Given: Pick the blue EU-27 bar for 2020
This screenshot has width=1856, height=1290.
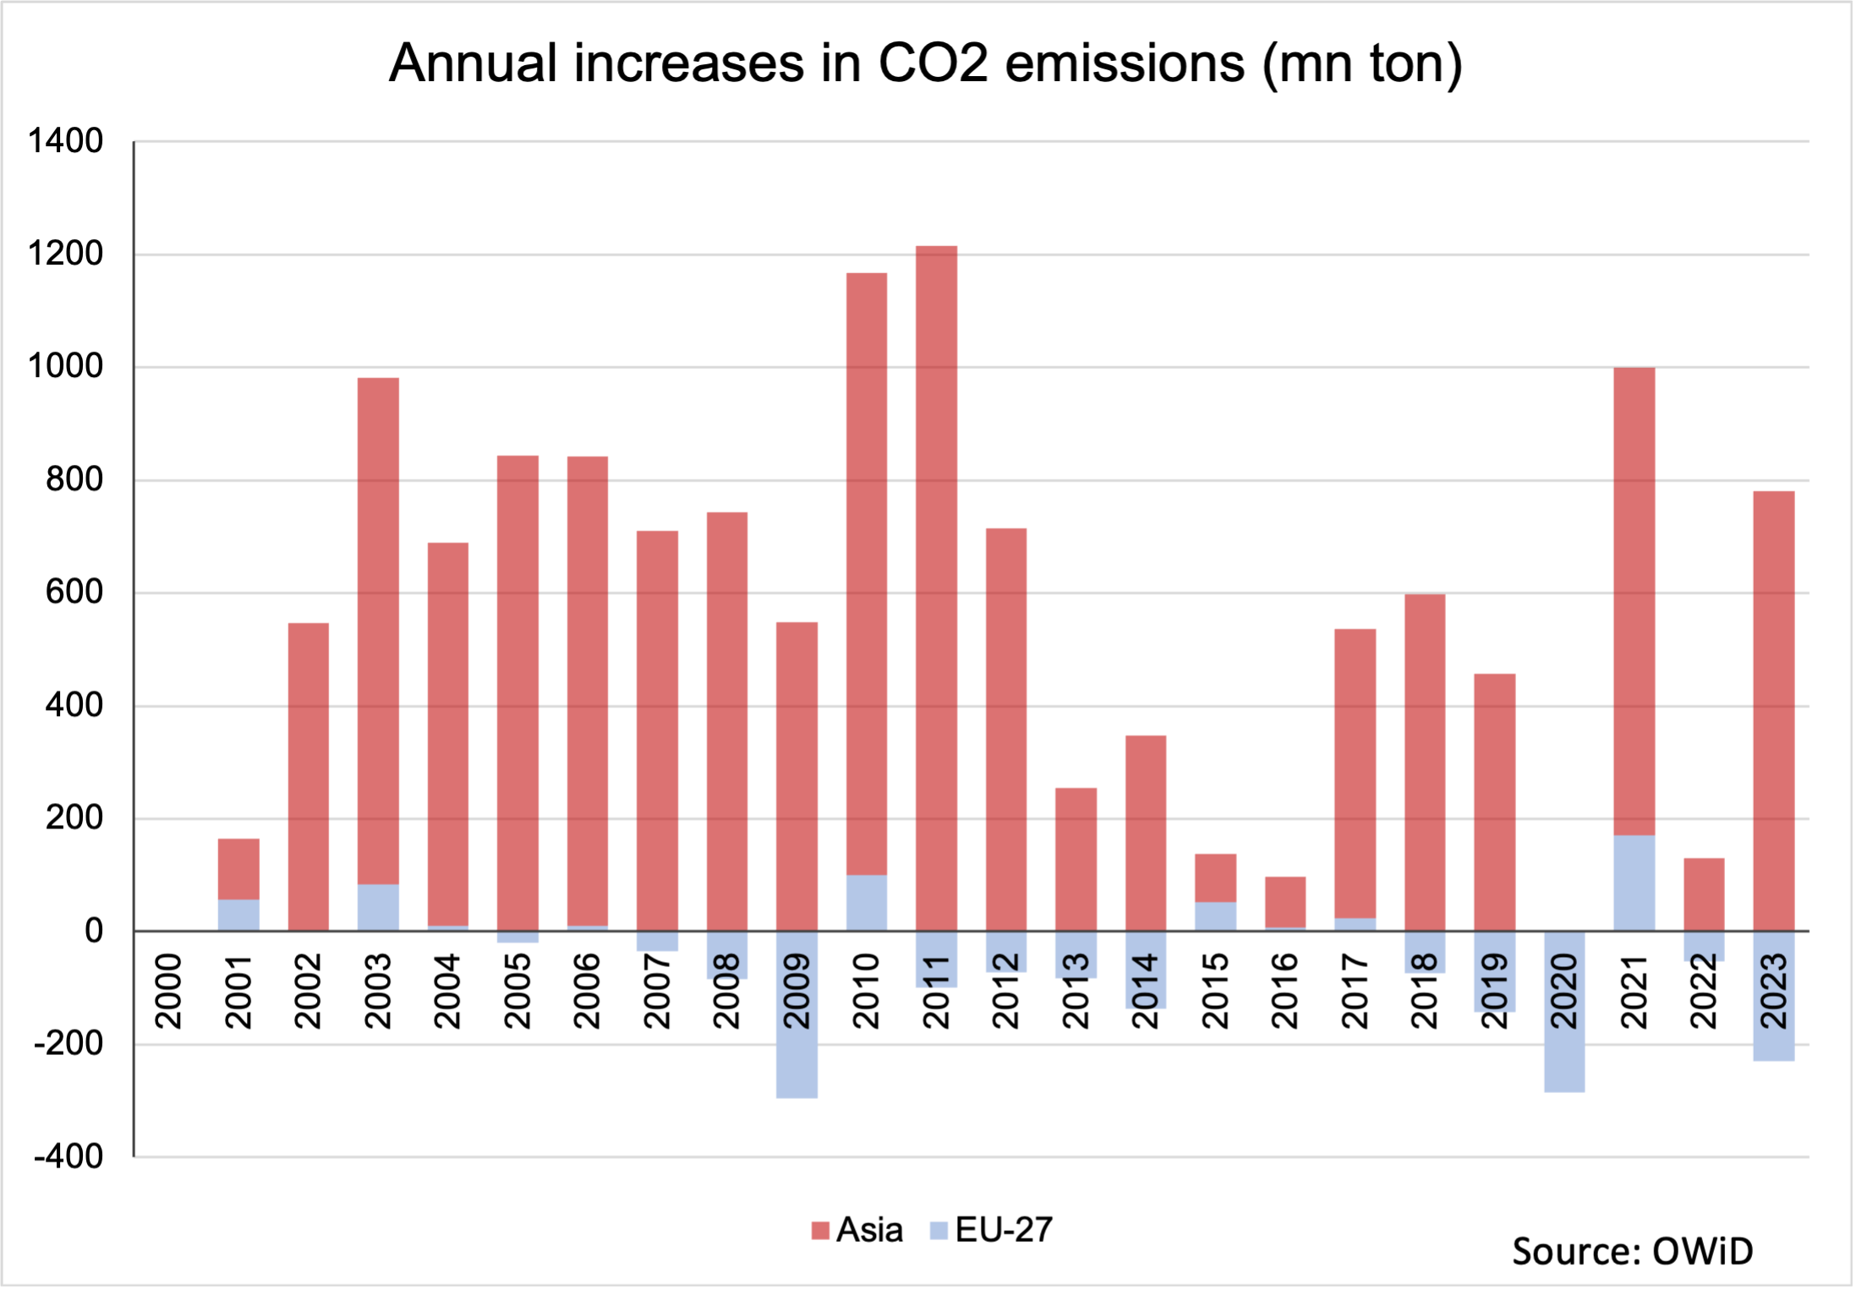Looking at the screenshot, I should [1564, 1057].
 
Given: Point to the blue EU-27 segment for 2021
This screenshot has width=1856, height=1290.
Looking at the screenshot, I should [1634, 883].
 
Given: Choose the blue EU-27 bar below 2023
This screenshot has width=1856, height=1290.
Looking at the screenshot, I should [1773, 1044].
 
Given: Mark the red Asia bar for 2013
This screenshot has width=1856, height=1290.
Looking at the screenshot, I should [1076, 859].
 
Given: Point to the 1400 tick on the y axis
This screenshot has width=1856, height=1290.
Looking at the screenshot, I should [65, 140].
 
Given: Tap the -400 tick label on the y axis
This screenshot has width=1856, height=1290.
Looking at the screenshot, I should [68, 1156].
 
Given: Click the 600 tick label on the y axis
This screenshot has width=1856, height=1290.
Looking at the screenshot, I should [74, 592].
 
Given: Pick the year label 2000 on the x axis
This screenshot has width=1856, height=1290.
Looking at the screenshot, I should [169, 991].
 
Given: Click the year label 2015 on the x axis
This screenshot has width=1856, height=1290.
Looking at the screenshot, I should [1215, 991].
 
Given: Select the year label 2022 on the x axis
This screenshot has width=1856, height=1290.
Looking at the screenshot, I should [1704, 991].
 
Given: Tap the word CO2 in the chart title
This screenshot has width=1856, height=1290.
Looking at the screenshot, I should [933, 63].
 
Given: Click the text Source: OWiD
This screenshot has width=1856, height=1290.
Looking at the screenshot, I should [1632, 1251].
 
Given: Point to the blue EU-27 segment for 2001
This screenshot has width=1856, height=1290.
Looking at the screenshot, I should [238, 915].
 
